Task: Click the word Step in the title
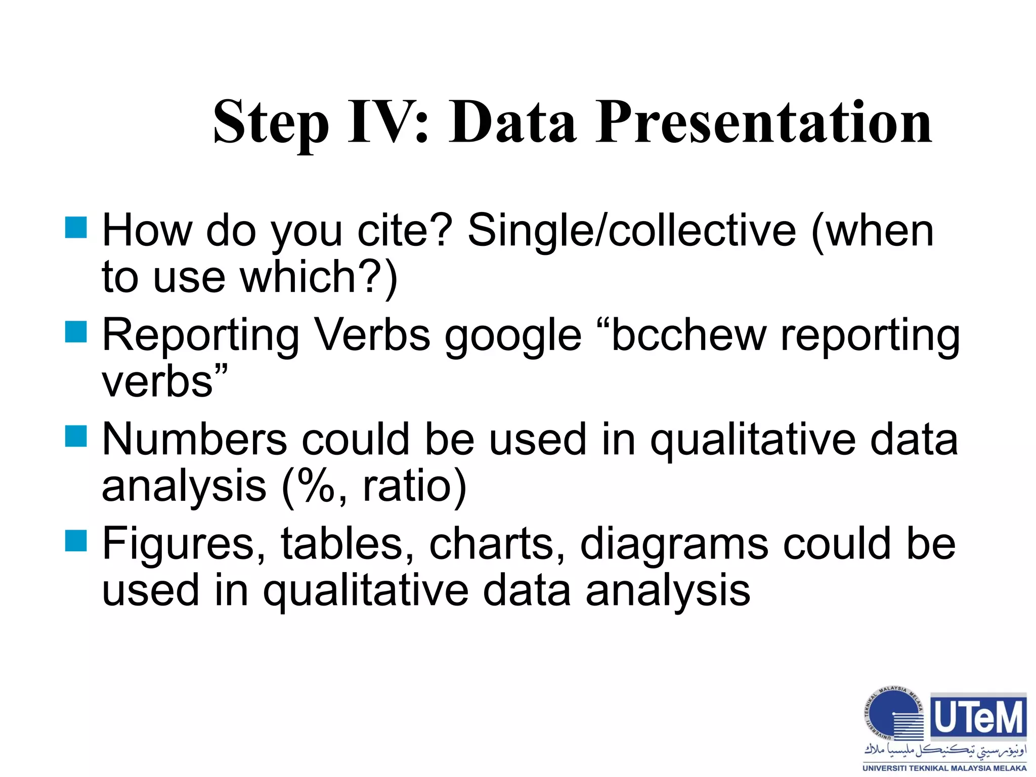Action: pos(271,123)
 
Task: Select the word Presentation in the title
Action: pos(763,123)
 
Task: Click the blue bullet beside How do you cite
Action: pos(76,228)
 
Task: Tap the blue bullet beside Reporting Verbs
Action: pos(76,332)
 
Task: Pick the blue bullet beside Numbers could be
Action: pos(76,436)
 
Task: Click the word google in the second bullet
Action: pos(512,336)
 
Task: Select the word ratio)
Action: pos(415,486)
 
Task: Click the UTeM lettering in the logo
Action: pos(978,717)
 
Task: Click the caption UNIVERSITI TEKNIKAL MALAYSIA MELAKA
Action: pos(944,768)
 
